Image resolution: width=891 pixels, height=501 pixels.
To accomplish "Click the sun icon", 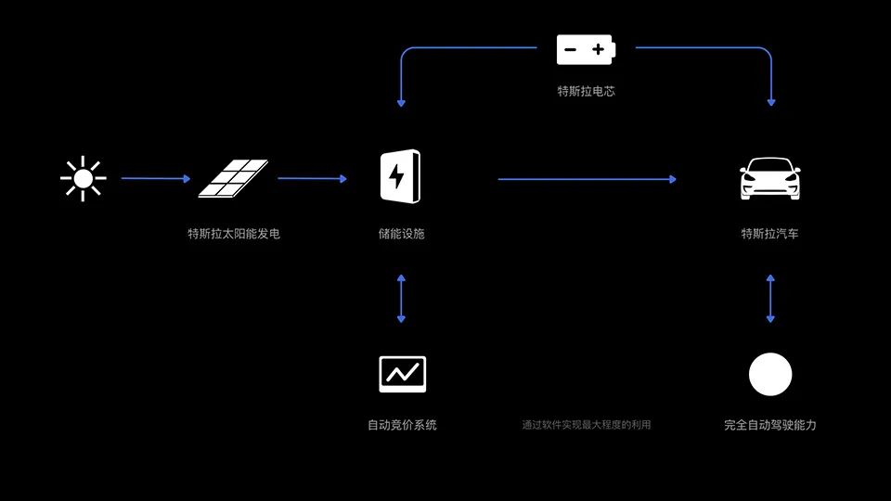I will click(x=83, y=178).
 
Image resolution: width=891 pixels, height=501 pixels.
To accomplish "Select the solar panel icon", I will click(x=233, y=178).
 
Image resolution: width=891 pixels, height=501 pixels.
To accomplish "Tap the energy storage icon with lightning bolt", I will click(x=401, y=177).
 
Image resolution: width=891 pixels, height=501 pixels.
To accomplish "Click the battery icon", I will click(x=586, y=49).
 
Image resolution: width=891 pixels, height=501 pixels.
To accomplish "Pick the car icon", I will click(x=769, y=178).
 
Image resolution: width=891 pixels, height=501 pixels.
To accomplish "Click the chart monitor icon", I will click(x=402, y=374).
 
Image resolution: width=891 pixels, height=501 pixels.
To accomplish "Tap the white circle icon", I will click(x=770, y=375).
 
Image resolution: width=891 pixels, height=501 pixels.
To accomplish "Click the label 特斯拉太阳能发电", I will click(x=233, y=234).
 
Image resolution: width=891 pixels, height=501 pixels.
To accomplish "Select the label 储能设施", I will click(x=401, y=234).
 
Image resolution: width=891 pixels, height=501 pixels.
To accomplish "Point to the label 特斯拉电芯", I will click(x=586, y=91).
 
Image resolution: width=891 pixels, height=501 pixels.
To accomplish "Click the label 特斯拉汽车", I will click(x=769, y=234).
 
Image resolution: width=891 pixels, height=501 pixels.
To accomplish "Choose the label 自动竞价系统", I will click(x=402, y=425).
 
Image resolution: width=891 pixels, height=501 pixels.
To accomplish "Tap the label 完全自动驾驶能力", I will click(x=770, y=425).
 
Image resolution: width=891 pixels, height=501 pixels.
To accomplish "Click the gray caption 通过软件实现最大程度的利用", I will click(x=586, y=425).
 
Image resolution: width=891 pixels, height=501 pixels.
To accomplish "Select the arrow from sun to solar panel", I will click(x=155, y=178).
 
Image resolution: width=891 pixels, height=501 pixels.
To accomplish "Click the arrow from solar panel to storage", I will click(x=312, y=178).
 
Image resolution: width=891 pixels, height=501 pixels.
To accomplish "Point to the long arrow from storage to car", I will click(x=587, y=179).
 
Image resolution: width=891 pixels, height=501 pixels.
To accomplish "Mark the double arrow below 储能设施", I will click(x=401, y=298).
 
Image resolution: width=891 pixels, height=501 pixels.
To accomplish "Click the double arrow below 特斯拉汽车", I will click(x=770, y=298).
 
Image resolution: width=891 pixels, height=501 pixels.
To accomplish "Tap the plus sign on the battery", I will click(x=598, y=49).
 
